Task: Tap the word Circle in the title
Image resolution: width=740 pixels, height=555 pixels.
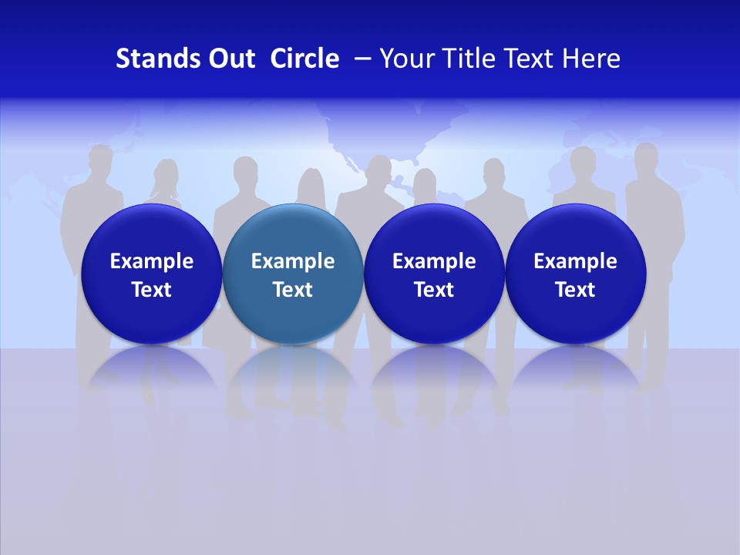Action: coord(304,59)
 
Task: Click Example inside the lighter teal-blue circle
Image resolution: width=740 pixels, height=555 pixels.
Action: coord(293,261)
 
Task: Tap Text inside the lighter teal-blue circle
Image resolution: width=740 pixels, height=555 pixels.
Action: coord(293,290)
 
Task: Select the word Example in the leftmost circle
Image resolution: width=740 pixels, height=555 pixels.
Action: coord(152,261)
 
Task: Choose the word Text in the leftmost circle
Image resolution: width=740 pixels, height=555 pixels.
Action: coord(152,290)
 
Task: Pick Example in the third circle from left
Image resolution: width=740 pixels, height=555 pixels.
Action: coord(434,261)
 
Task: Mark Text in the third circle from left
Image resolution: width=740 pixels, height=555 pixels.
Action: coord(434,290)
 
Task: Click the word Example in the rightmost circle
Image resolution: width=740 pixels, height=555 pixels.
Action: coord(575,261)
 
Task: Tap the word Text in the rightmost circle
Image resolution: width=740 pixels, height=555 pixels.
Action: coord(575,290)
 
